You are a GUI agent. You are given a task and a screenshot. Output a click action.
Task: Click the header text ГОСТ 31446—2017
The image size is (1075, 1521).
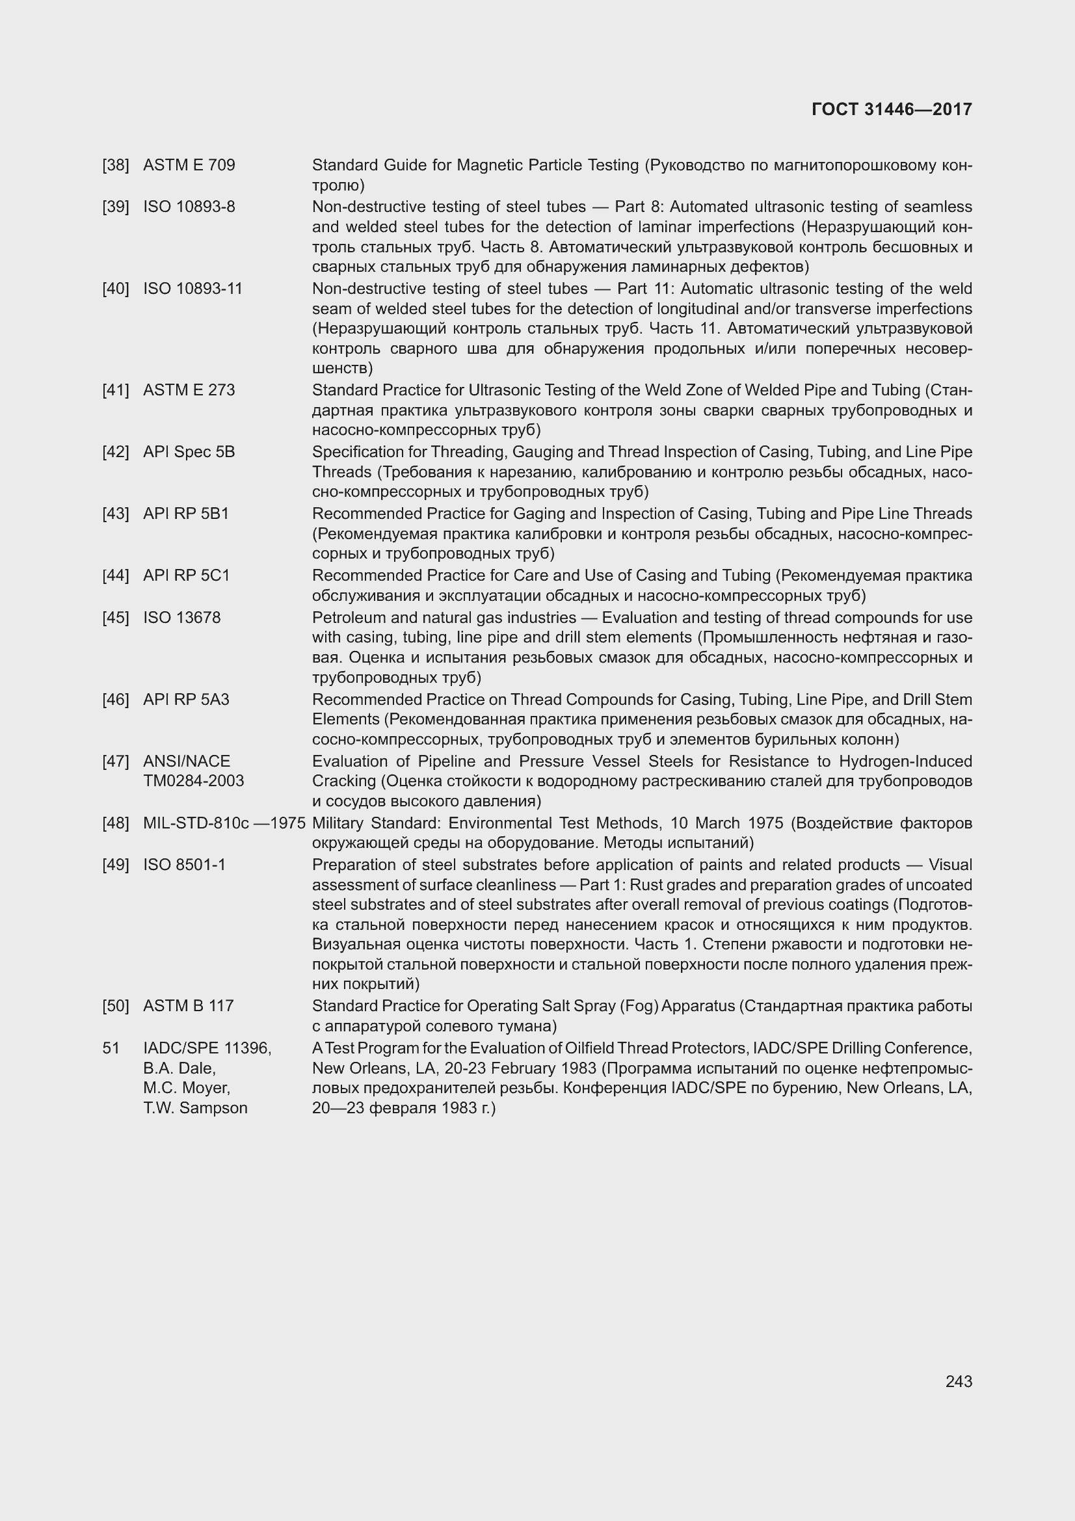(x=892, y=110)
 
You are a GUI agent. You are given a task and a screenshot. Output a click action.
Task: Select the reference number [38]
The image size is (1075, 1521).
(x=116, y=165)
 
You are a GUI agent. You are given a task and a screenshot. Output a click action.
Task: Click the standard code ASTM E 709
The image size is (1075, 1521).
(x=189, y=165)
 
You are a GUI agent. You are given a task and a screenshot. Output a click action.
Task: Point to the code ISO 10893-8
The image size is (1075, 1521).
(x=189, y=207)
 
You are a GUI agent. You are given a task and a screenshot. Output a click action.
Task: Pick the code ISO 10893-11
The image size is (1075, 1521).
(x=192, y=289)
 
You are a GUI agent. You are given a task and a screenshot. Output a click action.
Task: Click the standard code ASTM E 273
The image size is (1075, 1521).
(x=189, y=390)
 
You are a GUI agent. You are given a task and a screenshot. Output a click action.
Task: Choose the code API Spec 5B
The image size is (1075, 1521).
(x=189, y=452)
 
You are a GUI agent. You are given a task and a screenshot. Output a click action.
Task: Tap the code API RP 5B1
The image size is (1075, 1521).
(x=186, y=514)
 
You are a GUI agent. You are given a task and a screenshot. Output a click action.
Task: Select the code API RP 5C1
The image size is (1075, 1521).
(x=187, y=575)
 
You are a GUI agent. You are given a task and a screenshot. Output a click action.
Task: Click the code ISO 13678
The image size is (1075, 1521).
(x=181, y=617)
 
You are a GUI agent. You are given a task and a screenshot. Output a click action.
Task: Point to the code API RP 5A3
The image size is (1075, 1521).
(x=186, y=700)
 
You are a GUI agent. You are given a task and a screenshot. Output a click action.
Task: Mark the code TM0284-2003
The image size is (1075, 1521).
(x=193, y=781)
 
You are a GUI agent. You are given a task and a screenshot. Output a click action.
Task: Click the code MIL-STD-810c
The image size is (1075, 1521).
(x=196, y=823)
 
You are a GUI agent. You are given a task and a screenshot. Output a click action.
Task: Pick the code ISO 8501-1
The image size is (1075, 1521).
(x=184, y=865)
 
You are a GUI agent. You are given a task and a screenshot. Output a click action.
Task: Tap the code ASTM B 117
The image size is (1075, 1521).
(x=188, y=1006)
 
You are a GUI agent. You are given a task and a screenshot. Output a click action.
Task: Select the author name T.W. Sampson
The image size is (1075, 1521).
(x=195, y=1108)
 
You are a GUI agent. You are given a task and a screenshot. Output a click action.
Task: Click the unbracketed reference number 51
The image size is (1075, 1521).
(x=111, y=1049)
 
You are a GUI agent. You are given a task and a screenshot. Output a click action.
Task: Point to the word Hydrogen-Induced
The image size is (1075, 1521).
(x=905, y=761)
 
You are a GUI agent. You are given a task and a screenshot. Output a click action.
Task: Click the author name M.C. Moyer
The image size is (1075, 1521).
(x=187, y=1089)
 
